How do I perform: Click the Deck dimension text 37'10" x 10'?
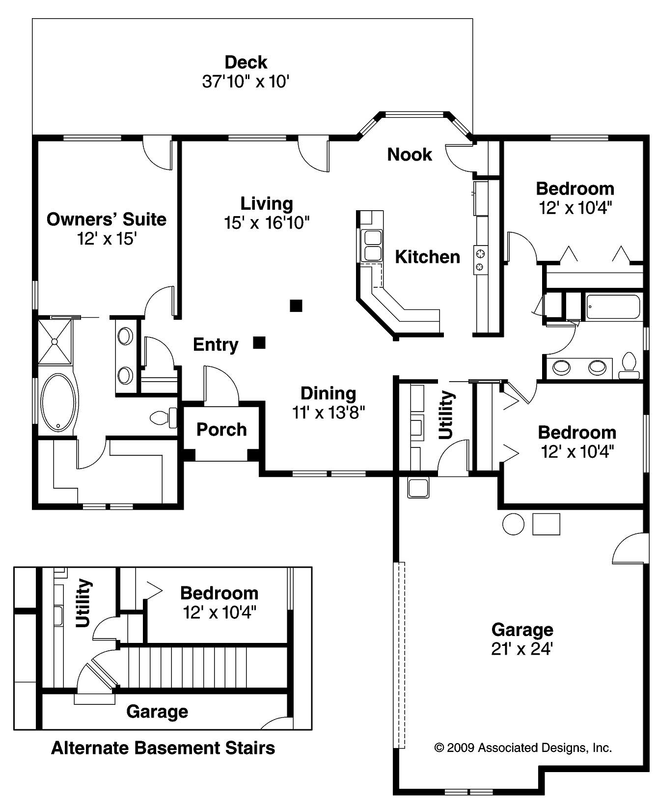[245, 81]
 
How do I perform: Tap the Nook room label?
[409, 154]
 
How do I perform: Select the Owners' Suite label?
[106, 219]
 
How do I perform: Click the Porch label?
[221, 429]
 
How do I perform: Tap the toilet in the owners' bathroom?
[163, 418]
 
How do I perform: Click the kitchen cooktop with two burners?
[480, 260]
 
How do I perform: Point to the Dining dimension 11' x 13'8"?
[328, 413]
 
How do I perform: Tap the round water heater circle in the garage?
[513, 524]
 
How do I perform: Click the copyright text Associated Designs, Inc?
[523, 748]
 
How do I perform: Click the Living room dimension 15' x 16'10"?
[267, 223]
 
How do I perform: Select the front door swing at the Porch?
[221, 386]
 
